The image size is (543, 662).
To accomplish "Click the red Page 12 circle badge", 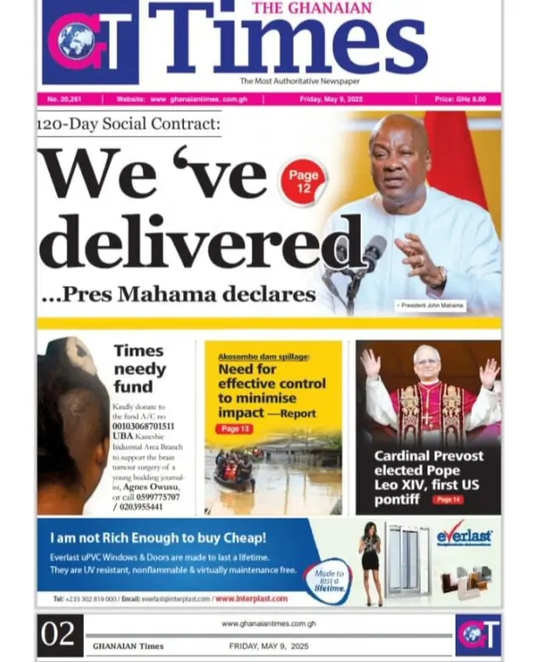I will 302,181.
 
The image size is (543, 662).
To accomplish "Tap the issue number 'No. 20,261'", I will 64,99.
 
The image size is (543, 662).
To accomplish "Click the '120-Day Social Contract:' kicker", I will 129,125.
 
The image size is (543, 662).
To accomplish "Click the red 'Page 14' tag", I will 447,500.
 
